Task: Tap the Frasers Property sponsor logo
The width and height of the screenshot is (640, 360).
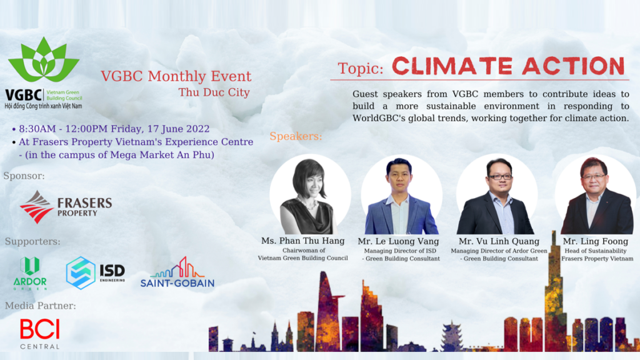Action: (66, 207)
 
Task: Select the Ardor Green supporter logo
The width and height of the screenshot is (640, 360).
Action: (30, 273)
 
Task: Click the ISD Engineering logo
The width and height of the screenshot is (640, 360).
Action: (96, 272)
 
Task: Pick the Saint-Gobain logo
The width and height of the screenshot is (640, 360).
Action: (177, 272)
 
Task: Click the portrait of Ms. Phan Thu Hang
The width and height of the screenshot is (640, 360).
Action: (310, 195)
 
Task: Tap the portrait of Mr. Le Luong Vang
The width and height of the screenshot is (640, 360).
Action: (402, 195)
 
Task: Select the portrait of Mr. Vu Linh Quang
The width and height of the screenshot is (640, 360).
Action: (497, 195)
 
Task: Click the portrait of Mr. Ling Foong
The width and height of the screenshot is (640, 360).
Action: (596, 195)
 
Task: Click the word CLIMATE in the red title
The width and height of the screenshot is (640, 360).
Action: (452, 66)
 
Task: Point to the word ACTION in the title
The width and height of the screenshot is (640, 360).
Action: (574, 66)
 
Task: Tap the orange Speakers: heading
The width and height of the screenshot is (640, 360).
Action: (296, 136)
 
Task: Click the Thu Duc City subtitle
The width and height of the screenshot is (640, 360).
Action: (214, 92)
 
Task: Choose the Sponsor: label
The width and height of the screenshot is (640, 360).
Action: (24, 176)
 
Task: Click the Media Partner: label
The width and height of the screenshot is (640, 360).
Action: (41, 306)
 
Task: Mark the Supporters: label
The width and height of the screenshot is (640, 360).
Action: (32, 241)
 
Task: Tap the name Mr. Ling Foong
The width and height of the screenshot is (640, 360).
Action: (596, 241)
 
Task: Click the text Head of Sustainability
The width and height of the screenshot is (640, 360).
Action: (596, 251)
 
